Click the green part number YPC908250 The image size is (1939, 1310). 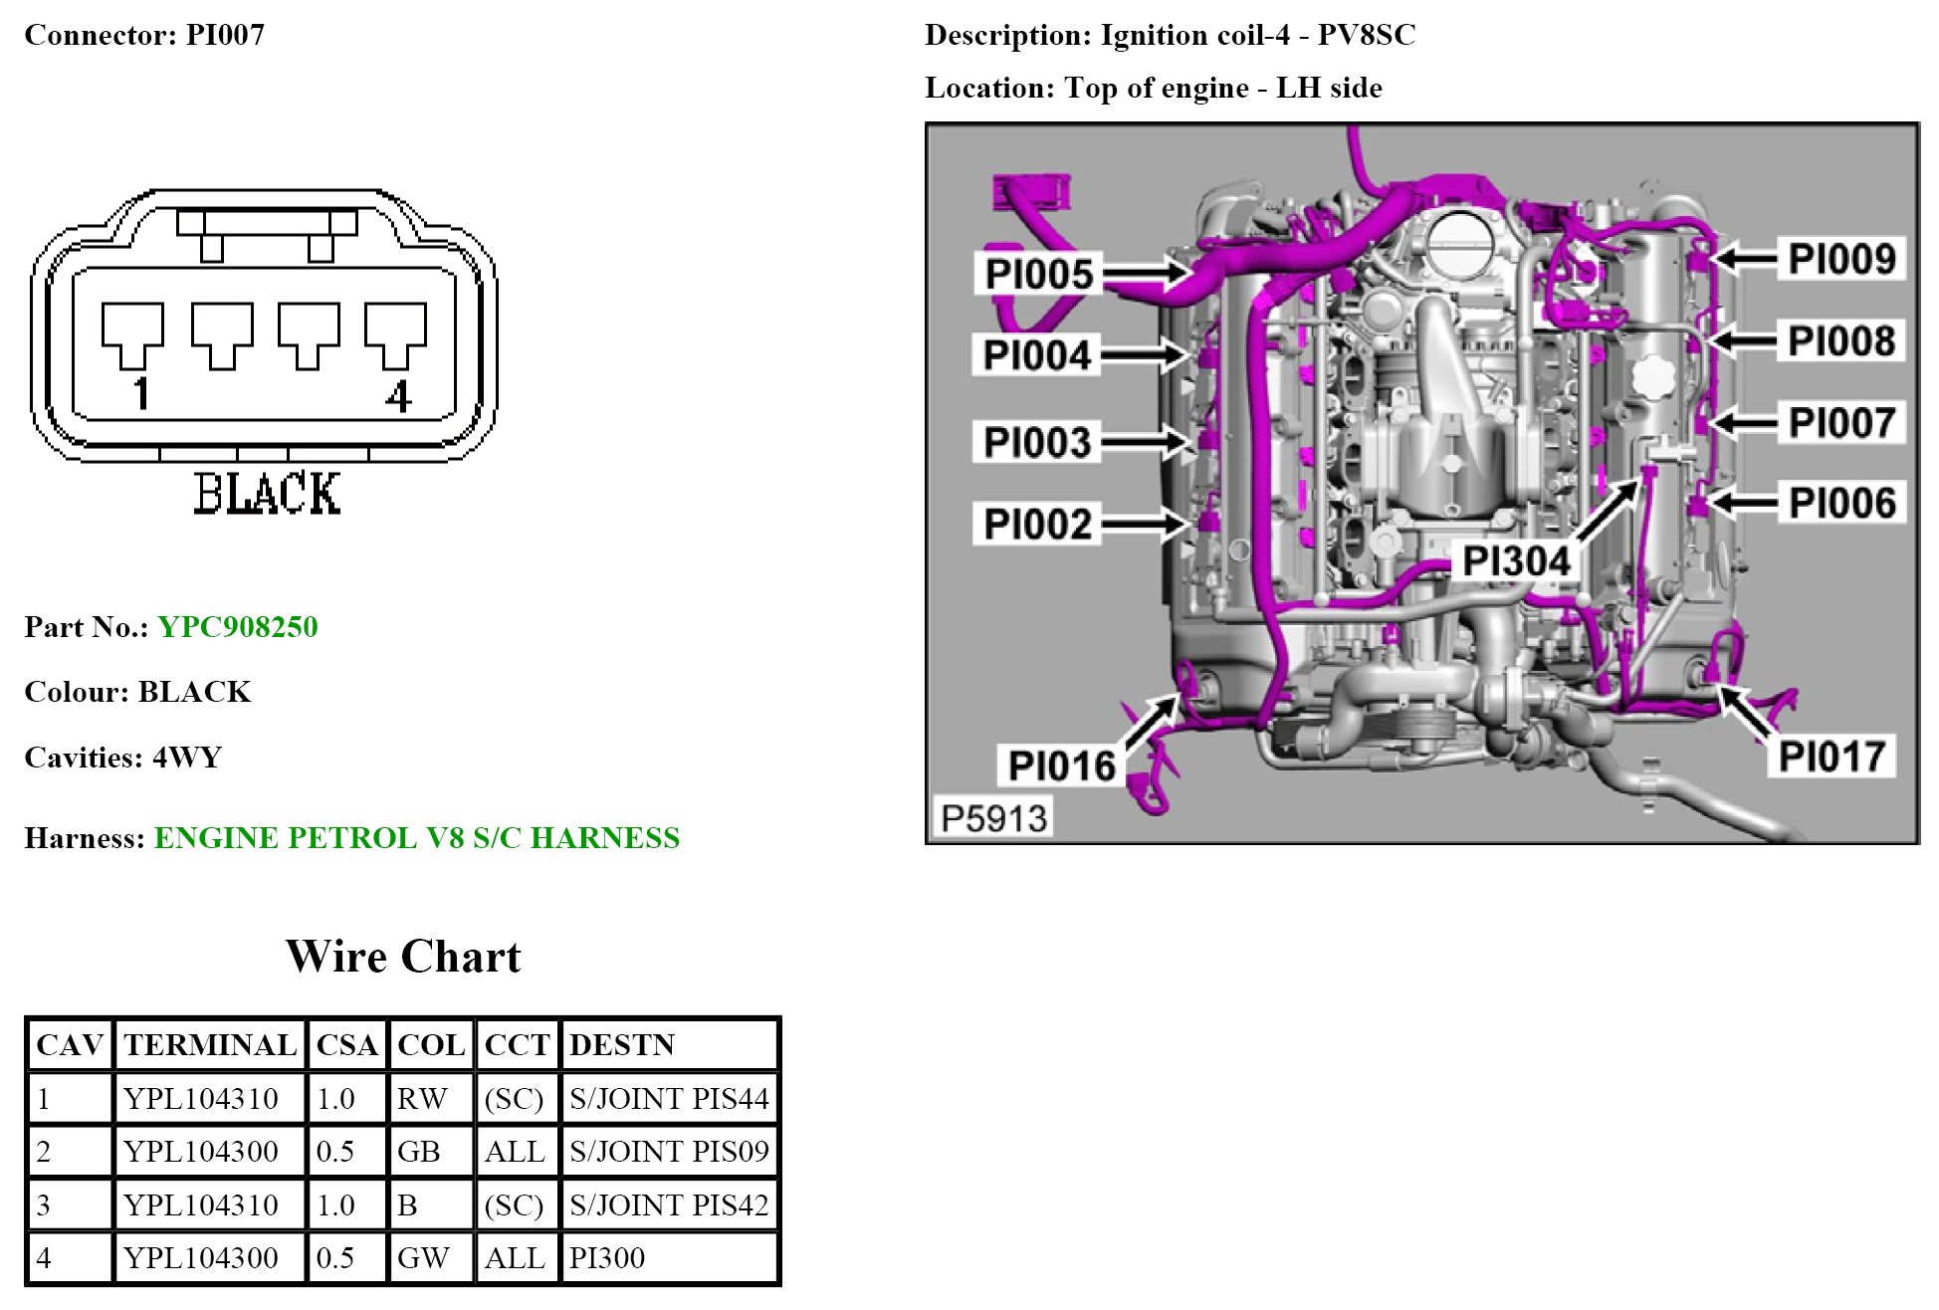tap(238, 627)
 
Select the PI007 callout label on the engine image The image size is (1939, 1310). tap(1840, 422)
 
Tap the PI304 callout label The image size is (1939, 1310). tap(1516, 561)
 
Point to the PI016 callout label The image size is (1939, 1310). tap(1061, 765)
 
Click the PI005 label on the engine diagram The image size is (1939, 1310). tap(1038, 274)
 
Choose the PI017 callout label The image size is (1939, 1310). tap(1831, 757)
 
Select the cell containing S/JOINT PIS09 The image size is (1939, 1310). tap(669, 1152)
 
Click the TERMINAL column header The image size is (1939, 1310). tap(210, 1044)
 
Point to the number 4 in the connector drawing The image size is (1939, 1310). tap(398, 396)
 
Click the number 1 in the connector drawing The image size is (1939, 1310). tap(141, 394)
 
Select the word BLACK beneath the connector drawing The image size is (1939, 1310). tap(267, 494)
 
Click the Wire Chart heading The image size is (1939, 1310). tap(403, 957)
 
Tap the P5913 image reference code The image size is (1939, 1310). tap(993, 818)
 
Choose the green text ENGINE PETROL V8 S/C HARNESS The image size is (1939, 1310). tap(417, 838)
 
